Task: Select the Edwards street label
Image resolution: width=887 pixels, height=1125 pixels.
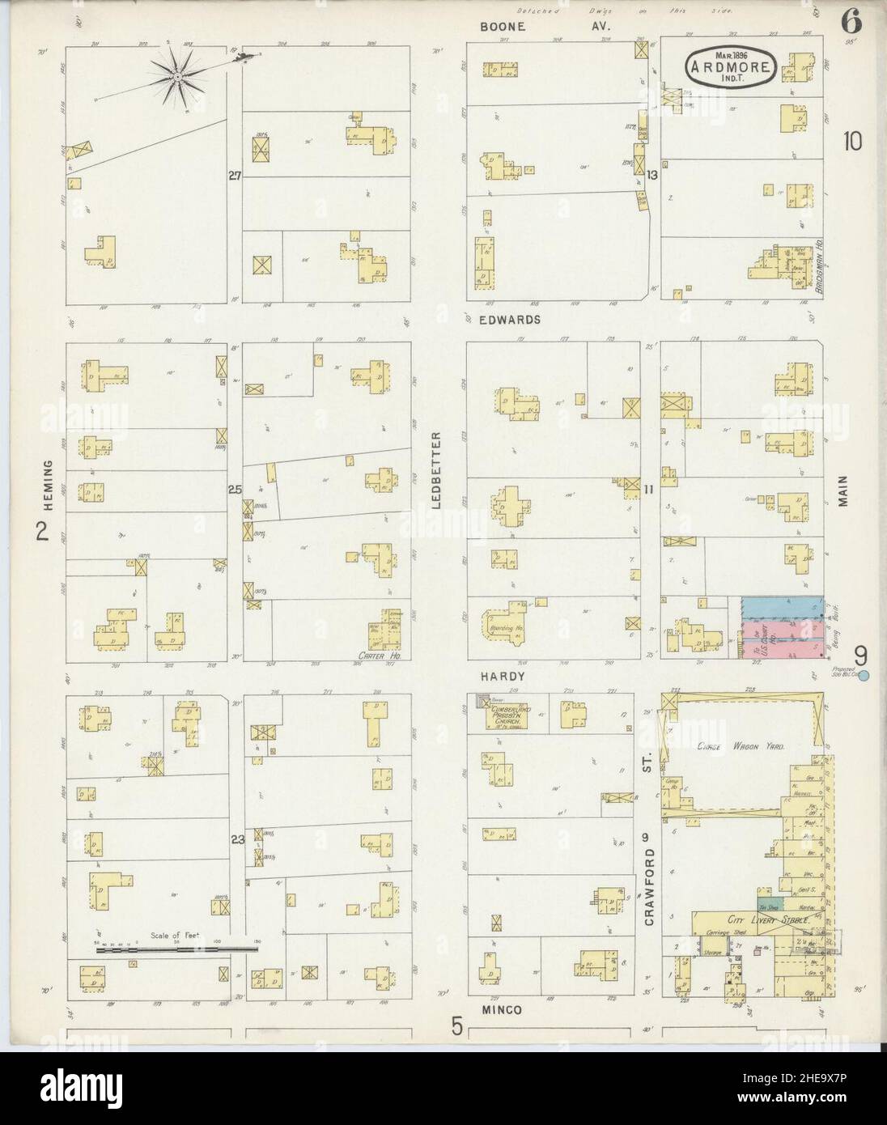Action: (x=514, y=320)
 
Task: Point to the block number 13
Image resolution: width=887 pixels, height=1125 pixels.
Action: (x=651, y=174)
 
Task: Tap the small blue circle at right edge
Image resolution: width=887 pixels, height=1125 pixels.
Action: (x=864, y=676)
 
